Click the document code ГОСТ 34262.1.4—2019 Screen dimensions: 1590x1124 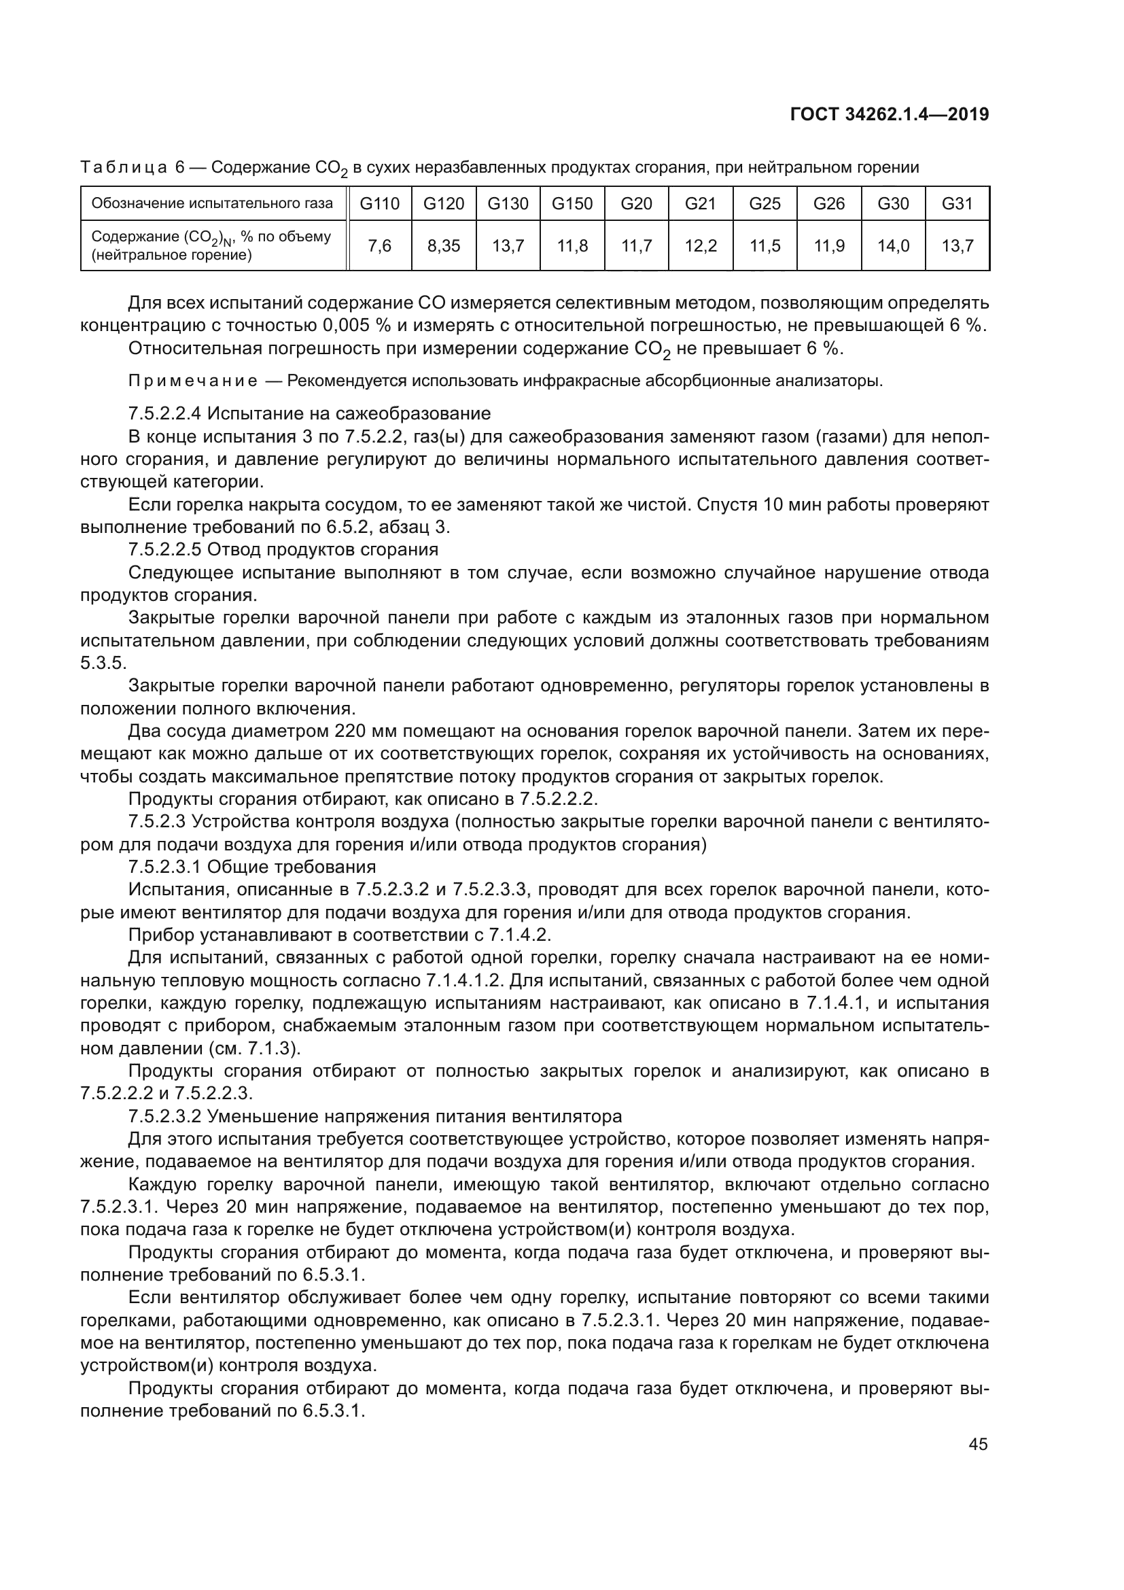[889, 114]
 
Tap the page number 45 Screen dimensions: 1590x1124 [978, 1444]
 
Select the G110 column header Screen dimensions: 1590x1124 [380, 204]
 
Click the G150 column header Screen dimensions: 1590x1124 [572, 204]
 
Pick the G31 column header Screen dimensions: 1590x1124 [958, 204]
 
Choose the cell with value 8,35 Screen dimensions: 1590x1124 [444, 246]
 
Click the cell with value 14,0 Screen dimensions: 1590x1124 [893, 246]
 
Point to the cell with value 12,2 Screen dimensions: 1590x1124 [701, 246]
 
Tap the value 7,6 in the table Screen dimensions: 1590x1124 [380, 246]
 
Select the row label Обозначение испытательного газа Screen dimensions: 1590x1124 [213, 204]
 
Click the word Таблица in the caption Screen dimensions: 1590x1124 [124, 168]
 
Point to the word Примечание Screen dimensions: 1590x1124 [193, 381]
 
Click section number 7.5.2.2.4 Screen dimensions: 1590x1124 [164, 414]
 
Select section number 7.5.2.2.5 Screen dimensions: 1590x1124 [164, 550]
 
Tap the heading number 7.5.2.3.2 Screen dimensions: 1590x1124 [164, 1116]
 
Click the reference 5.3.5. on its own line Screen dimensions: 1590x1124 [103, 663]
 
